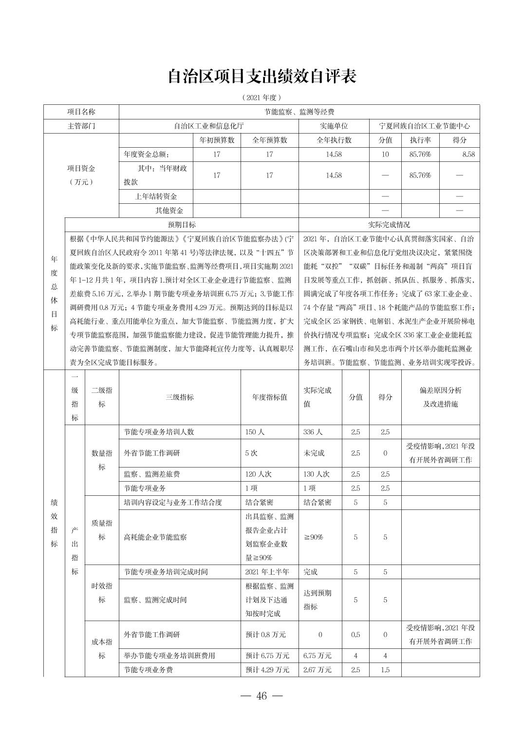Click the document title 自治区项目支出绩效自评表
point(261,77)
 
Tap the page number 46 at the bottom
point(261,696)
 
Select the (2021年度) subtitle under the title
point(261,97)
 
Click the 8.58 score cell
point(468,155)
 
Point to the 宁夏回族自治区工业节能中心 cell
point(425,126)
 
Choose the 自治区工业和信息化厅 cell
point(209,126)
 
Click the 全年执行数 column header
point(334,140)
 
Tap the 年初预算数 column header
point(217,140)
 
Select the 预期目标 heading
point(182,225)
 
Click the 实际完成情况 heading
point(389,225)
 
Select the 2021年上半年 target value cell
point(267,571)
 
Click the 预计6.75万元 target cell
point(267,656)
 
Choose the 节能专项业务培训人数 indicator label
point(159,432)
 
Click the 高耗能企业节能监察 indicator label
point(155,537)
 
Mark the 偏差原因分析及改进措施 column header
point(440,397)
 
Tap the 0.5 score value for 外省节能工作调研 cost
point(355,635)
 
